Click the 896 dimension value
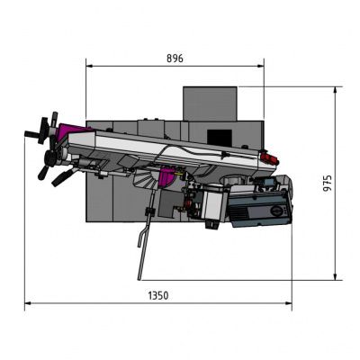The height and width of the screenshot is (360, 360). click(x=175, y=58)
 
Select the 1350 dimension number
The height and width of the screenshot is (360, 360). click(x=158, y=294)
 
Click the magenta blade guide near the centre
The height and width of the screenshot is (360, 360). click(x=166, y=178)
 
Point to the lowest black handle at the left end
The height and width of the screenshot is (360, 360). click(x=58, y=178)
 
